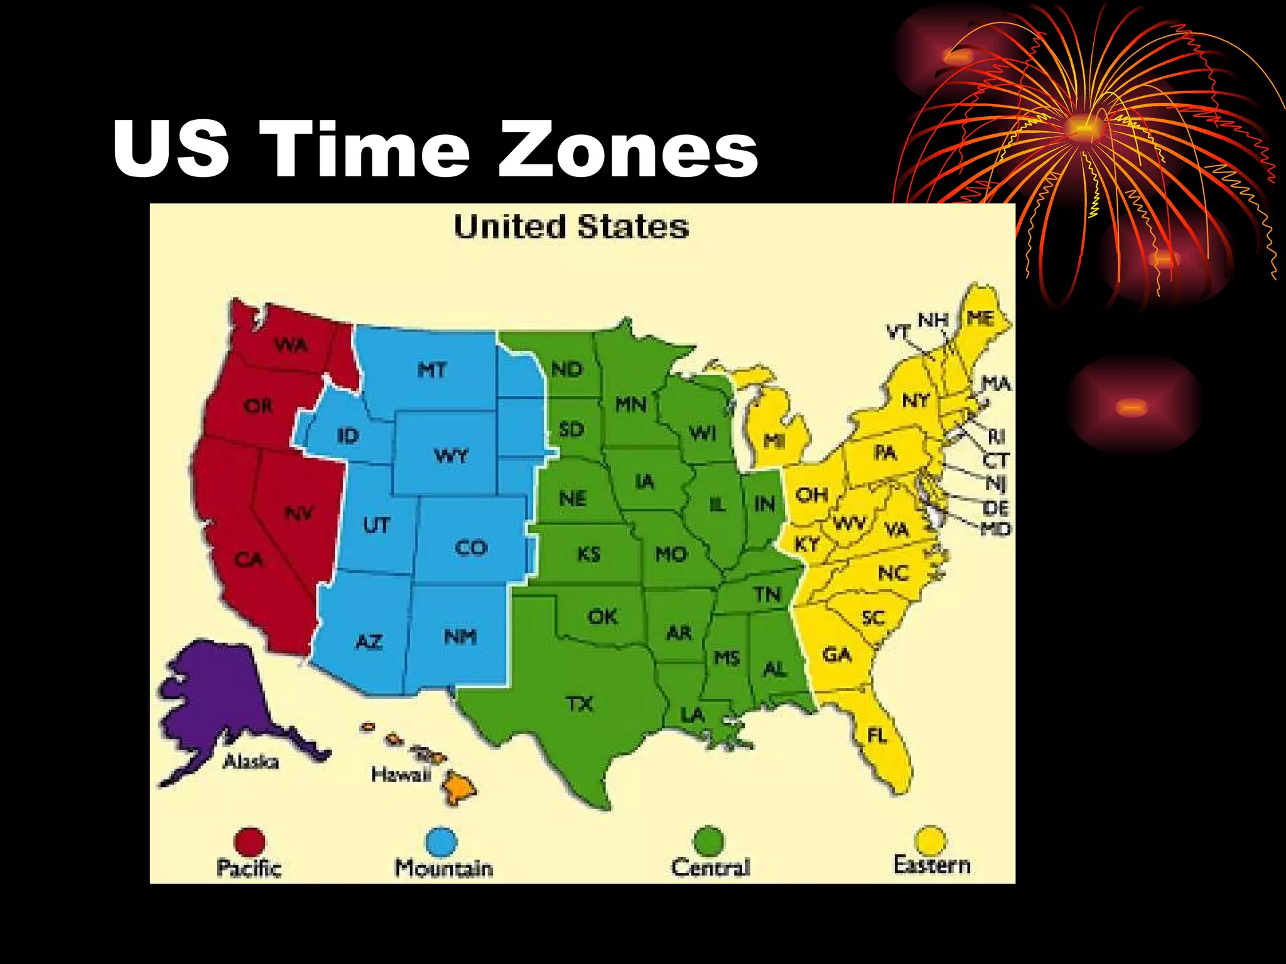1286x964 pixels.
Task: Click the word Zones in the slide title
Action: (x=628, y=151)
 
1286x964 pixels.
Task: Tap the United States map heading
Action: (x=571, y=227)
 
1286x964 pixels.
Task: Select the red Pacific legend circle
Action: (x=249, y=841)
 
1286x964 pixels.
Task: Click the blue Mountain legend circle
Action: (x=441, y=841)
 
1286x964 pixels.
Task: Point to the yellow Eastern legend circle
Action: (x=930, y=840)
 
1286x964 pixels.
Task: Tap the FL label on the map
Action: (x=877, y=734)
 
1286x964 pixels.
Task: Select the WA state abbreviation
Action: (x=291, y=345)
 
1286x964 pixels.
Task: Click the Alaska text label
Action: (x=251, y=762)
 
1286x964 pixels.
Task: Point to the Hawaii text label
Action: (x=401, y=774)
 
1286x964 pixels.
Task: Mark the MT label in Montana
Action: (x=432, y=370)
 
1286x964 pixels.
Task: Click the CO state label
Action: (x=471, y=548)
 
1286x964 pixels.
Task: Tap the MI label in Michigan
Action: (x=774, y=441)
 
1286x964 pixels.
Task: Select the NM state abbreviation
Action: (x=460, y=637)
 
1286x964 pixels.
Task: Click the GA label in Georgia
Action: (x=836, y=655)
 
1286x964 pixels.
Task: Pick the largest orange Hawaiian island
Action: (x=458, y=787)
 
